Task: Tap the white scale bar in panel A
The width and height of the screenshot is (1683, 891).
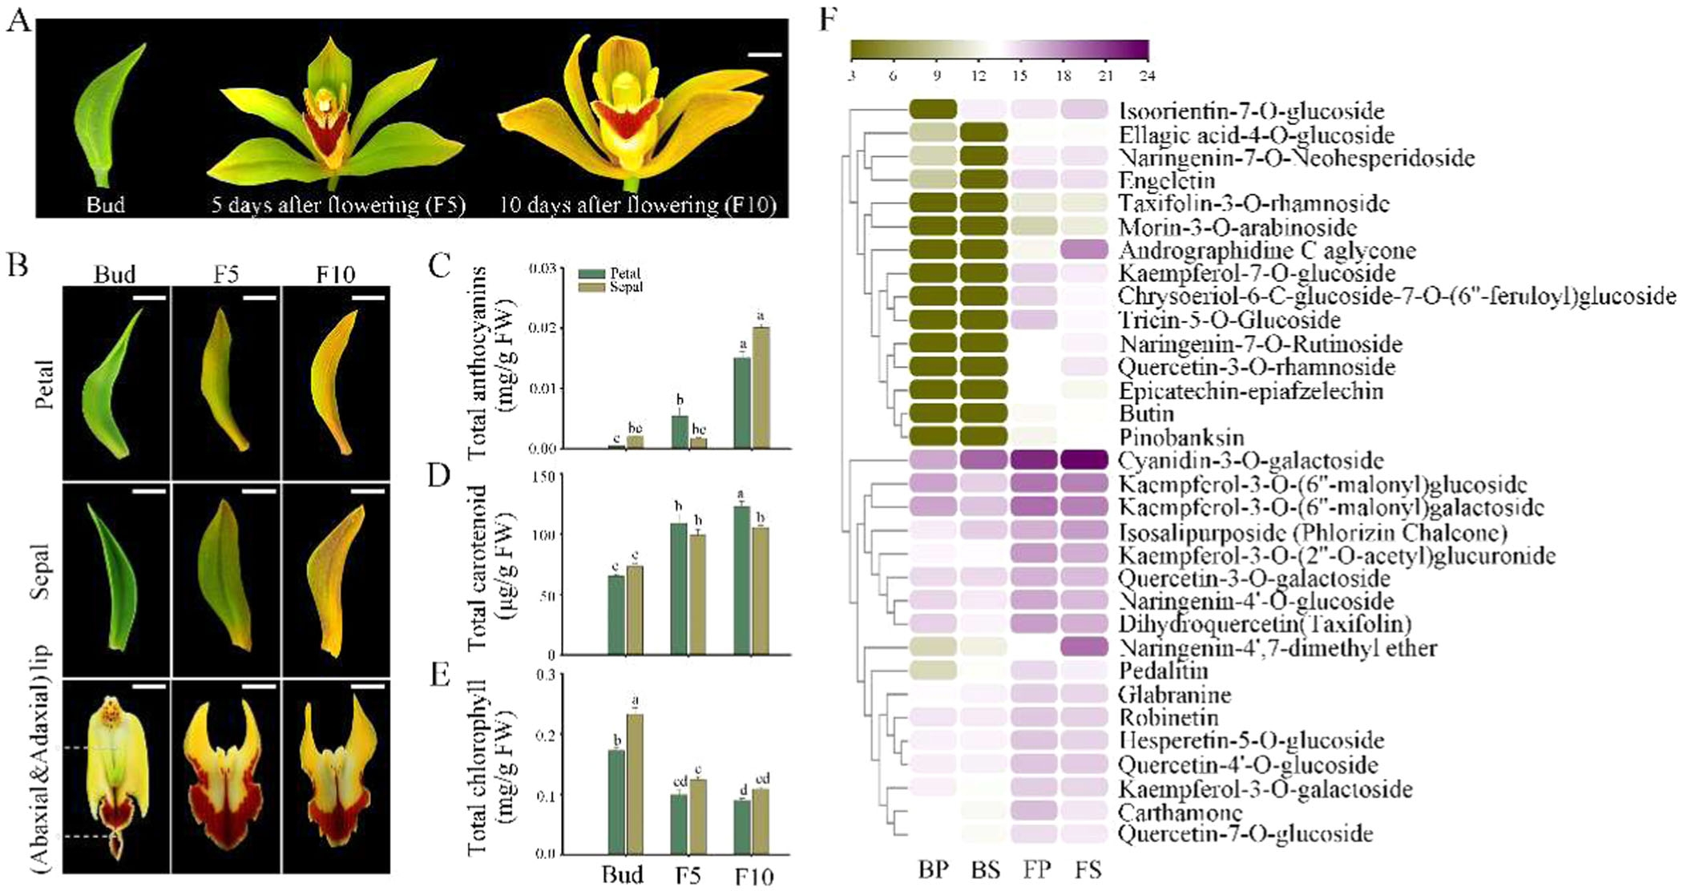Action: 765,55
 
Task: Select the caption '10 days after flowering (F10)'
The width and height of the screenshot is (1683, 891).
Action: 638,205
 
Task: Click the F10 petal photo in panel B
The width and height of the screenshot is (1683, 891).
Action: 336,383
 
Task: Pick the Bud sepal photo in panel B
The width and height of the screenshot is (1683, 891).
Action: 115,579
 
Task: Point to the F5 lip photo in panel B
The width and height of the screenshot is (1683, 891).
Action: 226,777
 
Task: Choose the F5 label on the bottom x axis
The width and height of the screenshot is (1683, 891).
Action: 688,876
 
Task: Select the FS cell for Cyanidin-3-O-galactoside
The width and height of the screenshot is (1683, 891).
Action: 1084,460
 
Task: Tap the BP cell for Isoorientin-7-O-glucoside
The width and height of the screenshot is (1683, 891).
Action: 934,109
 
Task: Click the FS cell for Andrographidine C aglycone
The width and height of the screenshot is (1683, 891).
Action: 1084,249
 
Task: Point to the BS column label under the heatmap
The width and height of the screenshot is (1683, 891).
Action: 985,870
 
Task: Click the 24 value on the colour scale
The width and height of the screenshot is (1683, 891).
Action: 1147,76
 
